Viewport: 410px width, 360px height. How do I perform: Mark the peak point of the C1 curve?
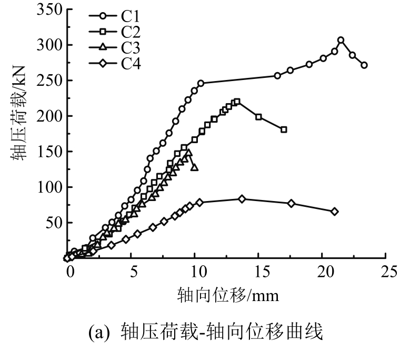click(x=341, y=40)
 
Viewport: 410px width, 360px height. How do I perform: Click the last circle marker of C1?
click(x=364, y=65)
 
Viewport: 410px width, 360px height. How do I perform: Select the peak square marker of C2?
click(x=237, y=102)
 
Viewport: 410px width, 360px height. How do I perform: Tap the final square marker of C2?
click(x=284, y=129)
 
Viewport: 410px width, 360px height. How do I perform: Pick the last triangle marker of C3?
click(x=195, y=167)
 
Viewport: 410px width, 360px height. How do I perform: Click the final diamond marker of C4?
click(x=334, y=212)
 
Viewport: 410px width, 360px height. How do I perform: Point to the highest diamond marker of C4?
click(x=242, y=199)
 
